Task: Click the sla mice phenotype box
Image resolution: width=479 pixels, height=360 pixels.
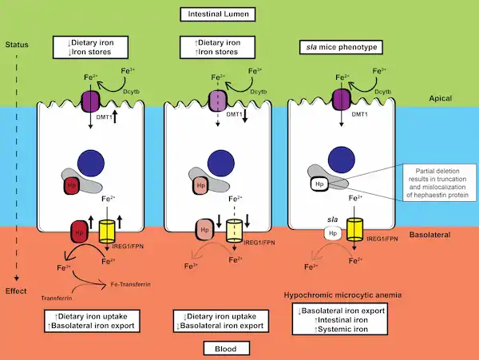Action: [341, 47]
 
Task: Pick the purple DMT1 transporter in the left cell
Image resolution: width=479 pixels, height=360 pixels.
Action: [89, 100]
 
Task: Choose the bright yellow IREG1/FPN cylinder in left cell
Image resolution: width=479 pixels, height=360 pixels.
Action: [105, 231]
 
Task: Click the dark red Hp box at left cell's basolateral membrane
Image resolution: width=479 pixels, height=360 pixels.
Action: [80, 231]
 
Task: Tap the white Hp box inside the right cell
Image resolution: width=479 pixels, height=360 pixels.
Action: [319, 184]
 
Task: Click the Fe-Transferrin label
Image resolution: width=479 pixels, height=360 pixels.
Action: [128, 283]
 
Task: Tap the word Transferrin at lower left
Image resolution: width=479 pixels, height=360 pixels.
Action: [57, 297]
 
